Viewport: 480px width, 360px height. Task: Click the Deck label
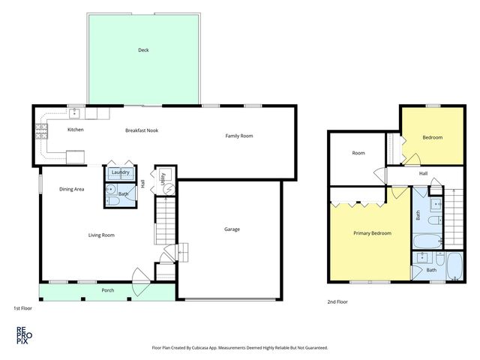point(143,50)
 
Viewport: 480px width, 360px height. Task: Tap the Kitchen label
point(76,130)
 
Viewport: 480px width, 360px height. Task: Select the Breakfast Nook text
point(142,130)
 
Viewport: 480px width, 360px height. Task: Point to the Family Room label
point(240,136)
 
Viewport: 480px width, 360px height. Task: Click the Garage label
point(232,229)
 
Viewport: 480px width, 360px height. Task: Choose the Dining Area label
point(72,189)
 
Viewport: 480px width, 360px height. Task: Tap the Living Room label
point(101,235)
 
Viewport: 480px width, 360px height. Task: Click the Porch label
point(108,290)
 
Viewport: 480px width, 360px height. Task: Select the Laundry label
point(120,172)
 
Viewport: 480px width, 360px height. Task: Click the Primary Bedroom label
point(372,233)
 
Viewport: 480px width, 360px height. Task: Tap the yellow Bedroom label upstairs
point(432,137)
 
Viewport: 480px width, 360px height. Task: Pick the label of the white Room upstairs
point(358,153)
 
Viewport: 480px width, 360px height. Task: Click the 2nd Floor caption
point(337,301)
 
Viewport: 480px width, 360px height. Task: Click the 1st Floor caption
point(22,307)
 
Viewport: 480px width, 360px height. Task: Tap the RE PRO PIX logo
point(22,334)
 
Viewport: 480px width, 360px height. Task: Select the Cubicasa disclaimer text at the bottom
point(239,348)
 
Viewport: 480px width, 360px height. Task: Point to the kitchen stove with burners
point(40,134)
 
